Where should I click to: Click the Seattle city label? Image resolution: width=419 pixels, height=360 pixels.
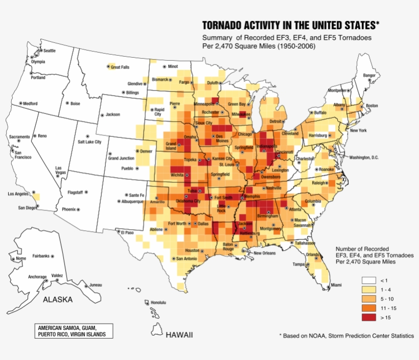point(49,51)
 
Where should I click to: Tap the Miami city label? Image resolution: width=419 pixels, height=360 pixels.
point(336,284)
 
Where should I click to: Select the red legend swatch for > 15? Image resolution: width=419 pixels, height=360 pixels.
point(369,317)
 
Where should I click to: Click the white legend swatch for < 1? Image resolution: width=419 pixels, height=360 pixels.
point(369,280)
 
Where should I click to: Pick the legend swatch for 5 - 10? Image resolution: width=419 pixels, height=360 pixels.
point(369,299)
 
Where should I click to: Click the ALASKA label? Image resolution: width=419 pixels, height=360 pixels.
point(57,300)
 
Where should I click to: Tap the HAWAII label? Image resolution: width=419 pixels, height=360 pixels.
point(179,335)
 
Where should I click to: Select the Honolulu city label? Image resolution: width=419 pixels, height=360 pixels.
point(158,302)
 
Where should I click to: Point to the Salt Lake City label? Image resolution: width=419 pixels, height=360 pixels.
point(89,141)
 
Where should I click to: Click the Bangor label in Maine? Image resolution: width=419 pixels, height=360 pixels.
point(369,75)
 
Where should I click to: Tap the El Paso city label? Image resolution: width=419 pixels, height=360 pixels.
point(127,232)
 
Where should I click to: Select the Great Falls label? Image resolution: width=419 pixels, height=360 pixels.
point(120,67)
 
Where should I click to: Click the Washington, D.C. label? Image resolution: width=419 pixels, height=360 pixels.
point(364,157)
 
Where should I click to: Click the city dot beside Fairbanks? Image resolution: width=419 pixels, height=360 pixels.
point(52,256)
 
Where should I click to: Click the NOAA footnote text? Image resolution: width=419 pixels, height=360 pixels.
point(347,335)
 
